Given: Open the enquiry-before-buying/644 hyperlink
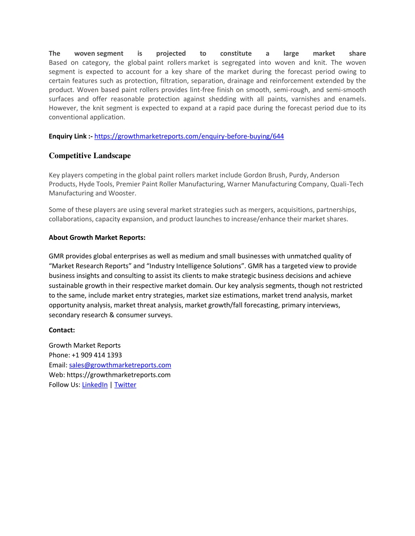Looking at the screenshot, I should tap(189, 136).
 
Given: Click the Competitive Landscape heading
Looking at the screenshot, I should tap(90, 156).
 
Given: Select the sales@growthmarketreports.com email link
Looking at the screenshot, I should tap(120, 365).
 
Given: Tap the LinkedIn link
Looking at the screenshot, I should tap(95, 385).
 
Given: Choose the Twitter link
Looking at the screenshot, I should tap(125, 385).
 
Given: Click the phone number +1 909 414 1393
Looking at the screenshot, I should tap(96, 355).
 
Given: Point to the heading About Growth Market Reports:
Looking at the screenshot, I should tap(97, 237).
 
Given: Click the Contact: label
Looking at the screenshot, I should tap(62, 330).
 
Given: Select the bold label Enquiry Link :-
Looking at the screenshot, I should tap(71, 136).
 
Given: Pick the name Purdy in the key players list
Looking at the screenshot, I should tap(298, 175).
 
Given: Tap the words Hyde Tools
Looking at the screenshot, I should tap(96, 184).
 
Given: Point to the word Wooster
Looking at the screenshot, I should tap(122, 193).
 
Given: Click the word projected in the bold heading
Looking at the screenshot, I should tap(171, 53).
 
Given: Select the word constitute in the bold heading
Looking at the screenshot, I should tap(235, 53).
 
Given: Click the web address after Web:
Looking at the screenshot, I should tap(118, 375).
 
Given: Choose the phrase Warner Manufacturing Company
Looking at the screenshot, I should tap(277, 184).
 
